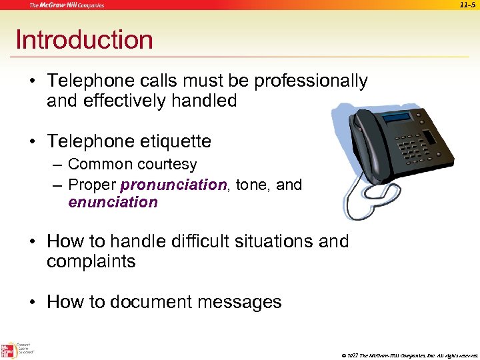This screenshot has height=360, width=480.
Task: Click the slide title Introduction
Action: click(84, 40)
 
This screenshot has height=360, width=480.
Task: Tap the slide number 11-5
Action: click(468, 5)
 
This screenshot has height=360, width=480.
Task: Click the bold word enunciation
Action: click(113, 202)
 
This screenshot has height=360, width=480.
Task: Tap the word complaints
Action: click(91, 261)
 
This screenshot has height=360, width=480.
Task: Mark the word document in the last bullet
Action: click(150, 302)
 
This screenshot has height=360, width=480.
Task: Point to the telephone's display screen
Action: click(397, 118)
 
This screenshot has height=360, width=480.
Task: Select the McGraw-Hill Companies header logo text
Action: click(66, 5)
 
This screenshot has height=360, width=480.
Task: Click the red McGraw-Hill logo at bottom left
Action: click(9, 349)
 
